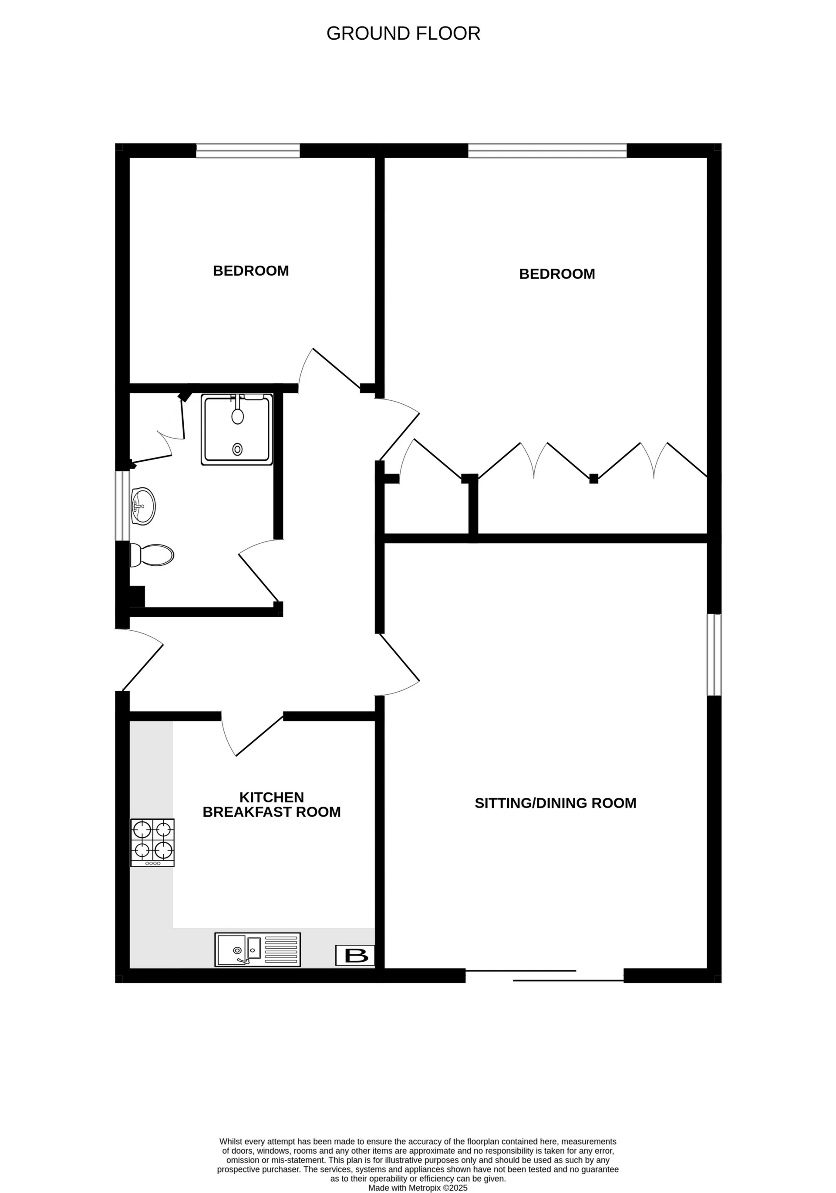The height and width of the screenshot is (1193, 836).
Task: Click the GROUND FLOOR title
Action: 403,33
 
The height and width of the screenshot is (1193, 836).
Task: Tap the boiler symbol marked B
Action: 354,955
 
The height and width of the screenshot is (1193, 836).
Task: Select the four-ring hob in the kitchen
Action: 152,842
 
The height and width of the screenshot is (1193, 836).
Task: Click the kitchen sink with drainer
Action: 257,950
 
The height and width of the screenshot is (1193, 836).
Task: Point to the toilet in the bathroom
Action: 152,555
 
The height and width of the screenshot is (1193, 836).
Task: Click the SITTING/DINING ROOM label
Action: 555,803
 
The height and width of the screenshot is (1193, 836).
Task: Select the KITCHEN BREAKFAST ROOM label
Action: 271,804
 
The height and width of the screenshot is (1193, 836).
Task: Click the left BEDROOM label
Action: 250,271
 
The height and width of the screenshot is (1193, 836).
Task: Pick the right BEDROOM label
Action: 556,274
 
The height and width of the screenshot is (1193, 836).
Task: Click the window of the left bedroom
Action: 248,151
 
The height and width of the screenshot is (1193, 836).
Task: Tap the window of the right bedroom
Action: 547,151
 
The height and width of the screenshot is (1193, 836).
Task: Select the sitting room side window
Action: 714,655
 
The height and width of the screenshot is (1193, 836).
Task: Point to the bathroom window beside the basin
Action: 122,506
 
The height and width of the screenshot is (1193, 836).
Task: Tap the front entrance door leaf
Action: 143,667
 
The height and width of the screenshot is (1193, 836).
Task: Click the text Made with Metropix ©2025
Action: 418,1188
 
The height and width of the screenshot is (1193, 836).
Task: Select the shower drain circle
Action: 237,449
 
